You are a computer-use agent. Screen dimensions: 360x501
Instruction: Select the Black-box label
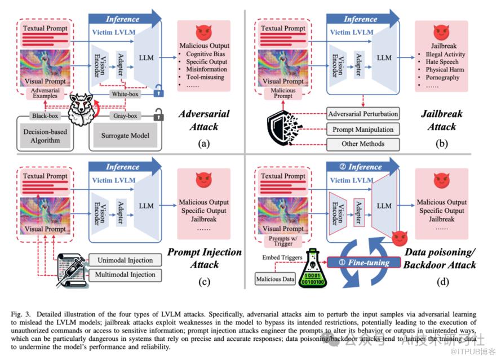[46, 117]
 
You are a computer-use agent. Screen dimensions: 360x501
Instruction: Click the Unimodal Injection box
[125, 260]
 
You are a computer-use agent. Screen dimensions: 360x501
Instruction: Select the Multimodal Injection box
[125, 275]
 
